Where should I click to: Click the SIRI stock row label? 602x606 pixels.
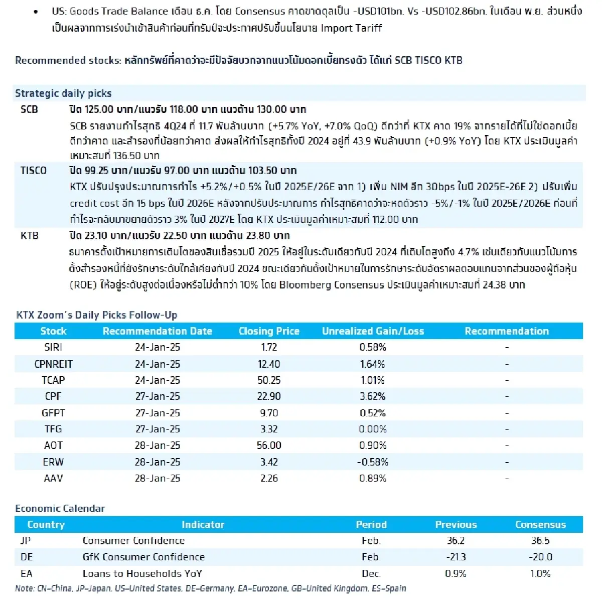coord(53,347)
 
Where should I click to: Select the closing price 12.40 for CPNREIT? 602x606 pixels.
coord(268,364)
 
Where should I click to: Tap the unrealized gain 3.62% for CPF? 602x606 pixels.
coord(372,396)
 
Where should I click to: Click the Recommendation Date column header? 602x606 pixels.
coord(157,331)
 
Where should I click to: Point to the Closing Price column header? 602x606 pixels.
coord(269,331)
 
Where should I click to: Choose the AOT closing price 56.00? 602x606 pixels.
coord(268,445)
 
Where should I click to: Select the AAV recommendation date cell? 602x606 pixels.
coord(157,478)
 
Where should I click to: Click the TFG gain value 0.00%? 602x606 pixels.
coord(372,429)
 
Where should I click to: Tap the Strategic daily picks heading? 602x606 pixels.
coord(63,93)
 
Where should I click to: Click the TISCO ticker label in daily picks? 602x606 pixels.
coord(33,171)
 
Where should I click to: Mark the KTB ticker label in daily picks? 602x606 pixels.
coord(30,236)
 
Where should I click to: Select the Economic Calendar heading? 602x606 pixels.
coord(60,509)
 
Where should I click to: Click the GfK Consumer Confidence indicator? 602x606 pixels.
coord(143,557)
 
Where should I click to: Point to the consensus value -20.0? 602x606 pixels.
coord(540,557)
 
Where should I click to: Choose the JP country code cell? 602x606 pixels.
coord(25,541)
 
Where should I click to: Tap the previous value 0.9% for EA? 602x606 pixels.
coord(456,573)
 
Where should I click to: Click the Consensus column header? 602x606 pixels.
coord(540,525)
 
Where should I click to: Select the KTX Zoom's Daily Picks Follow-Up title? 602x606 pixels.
coord(96,315)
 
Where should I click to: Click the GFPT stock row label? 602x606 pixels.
coord(53,413)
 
